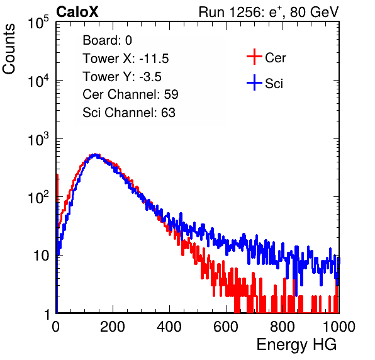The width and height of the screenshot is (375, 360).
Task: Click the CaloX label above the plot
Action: [x=77, y=12]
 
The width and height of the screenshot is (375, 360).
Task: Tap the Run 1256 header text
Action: [x=269, y=12]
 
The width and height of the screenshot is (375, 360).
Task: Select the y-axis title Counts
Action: [x=9, y=49]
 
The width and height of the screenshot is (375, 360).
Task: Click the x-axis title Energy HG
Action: [x=296, y=345]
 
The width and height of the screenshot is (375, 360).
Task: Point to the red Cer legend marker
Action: [x=254, y=57]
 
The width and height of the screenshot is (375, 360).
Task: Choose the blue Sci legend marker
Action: [x=254, y=83]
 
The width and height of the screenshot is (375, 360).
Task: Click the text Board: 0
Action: [x=107, y=40]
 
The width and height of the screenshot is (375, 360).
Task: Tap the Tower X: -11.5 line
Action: [x=126, y=59]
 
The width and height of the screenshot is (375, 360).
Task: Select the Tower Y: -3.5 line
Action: [x=122, y=77]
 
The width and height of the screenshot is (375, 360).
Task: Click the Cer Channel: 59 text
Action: [x=130, y=94]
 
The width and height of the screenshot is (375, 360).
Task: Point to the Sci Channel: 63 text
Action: [x=129, y=113]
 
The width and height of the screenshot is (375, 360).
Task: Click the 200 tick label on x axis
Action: [x=113, y=327]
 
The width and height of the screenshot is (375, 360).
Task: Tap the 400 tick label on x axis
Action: [x=169, y=327]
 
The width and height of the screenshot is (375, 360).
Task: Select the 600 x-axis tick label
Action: [x=226, y=327]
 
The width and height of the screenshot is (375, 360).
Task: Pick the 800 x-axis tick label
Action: [x=283, y=327]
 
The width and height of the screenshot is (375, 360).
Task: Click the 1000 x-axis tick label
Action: [x=339, y=327]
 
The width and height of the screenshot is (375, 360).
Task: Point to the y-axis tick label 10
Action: [x=42, y=256]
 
